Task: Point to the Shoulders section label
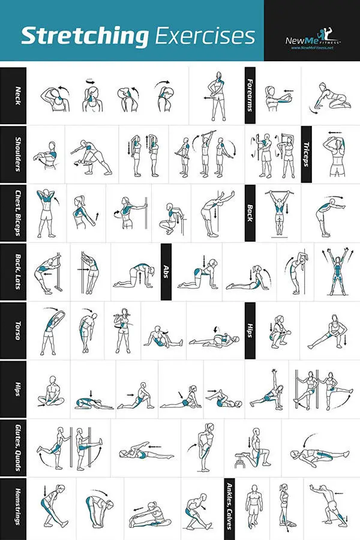pyautogui.click(x=13, y=153)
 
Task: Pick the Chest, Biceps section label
pyautogui.click(x=13, y=212)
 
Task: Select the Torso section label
pyautogui.click(x=13, y=330)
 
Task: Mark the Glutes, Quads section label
pyautogui.click(x=13, y=447)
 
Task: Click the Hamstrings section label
pyautogui.click(x=13, y=506)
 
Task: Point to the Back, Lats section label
pyautogui.click(x=13, y=271)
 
